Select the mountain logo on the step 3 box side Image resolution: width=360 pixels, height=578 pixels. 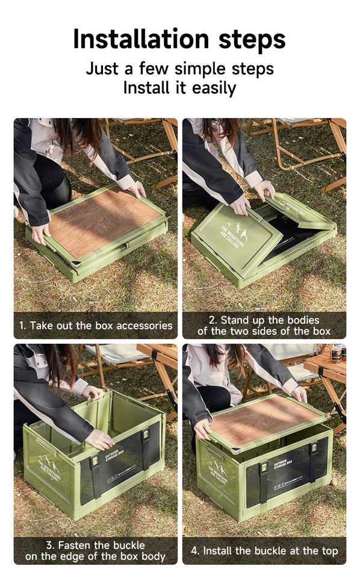(49, 467)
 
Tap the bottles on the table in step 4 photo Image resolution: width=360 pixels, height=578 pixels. (337, 352)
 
